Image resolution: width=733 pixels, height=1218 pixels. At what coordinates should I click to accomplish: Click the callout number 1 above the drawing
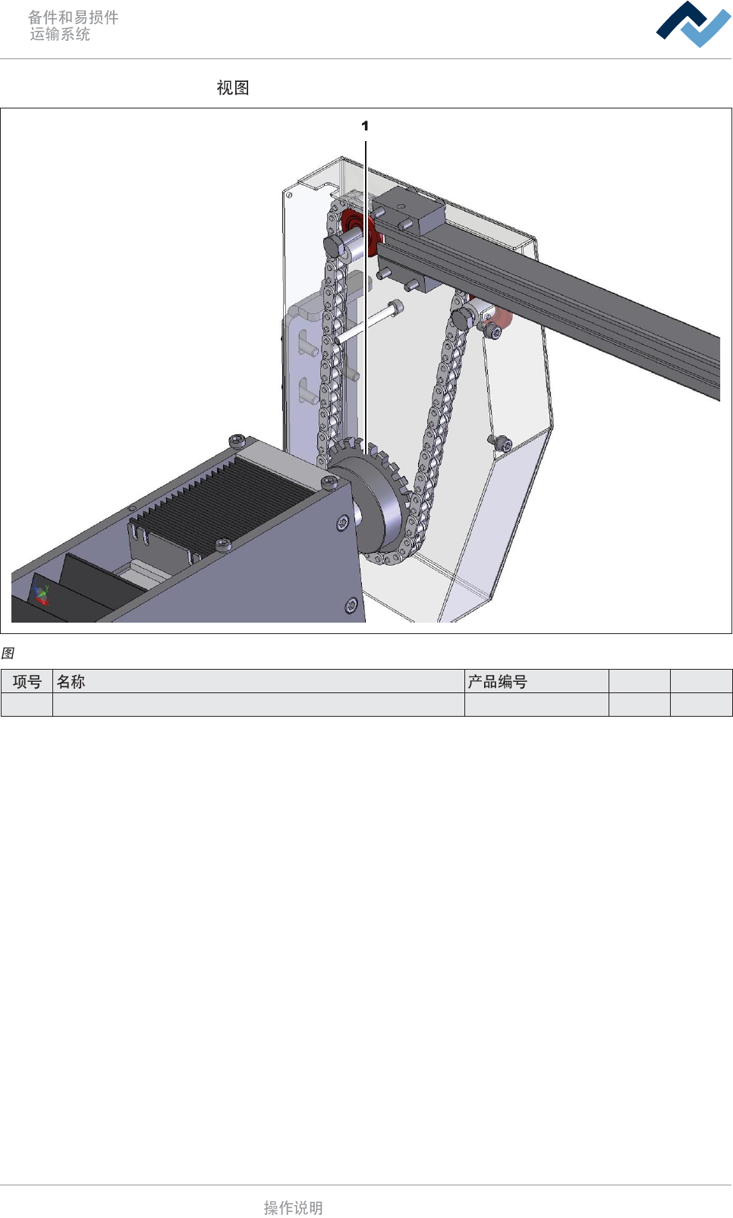pos(365,126)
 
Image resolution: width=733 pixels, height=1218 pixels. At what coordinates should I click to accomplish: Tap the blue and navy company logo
pos(694,24)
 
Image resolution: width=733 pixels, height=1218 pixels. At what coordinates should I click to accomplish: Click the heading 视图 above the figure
pos(233,87)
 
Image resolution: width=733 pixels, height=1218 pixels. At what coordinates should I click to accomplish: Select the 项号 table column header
pos(27,681)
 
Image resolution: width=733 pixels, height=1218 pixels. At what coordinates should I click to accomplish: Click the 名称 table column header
pos(71,681)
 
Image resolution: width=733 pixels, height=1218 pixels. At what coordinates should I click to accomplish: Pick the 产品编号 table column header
pos(497,681)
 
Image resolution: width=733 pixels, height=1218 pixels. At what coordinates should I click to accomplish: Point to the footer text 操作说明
pos(294,1207)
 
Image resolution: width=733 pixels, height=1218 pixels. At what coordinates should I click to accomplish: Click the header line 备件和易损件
pos(74,17)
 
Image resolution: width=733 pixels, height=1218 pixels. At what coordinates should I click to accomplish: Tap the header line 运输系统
pos(60,34)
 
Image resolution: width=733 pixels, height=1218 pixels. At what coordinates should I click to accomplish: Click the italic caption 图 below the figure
pos(8,653)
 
